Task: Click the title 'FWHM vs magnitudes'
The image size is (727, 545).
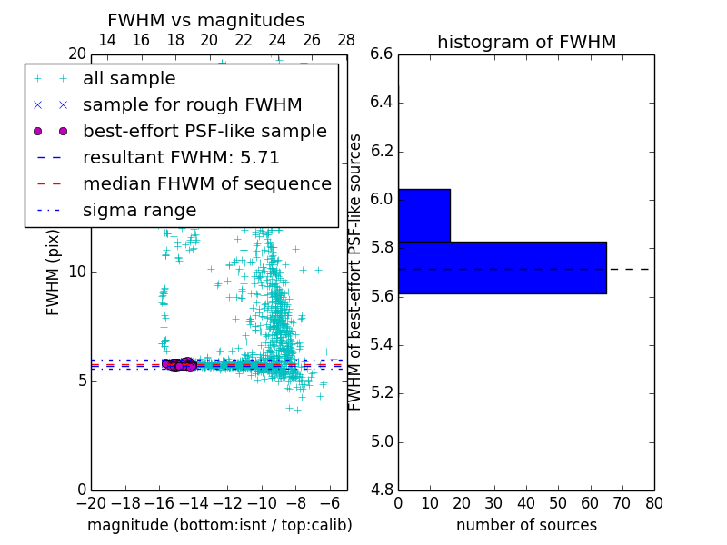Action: [205, 20]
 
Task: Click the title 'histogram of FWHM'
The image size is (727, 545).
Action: [526, 42]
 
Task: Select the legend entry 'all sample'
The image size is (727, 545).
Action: [129, 79]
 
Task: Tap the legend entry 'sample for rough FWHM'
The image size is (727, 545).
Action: [192, 105]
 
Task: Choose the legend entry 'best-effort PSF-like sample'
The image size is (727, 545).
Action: [204, 131]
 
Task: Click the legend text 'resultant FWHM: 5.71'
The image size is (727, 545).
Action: [181, 157]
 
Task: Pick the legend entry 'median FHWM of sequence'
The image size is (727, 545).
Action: [206, 183]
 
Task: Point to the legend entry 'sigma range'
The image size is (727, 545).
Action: [139, 210]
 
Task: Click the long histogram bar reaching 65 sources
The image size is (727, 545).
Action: [502, 267]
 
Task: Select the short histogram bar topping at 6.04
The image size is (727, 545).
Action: [423, 215]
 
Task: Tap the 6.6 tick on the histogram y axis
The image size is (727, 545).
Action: [382, 54]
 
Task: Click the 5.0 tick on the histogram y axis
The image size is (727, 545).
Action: [382, 441]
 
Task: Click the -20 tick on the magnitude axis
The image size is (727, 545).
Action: [91, 503]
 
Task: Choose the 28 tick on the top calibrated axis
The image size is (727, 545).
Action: [346, 40]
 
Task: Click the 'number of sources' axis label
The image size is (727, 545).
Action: [526, 525]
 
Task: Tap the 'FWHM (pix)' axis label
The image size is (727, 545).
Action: [54, 272]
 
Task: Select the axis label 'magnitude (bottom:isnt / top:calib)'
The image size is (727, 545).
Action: [219, 525]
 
